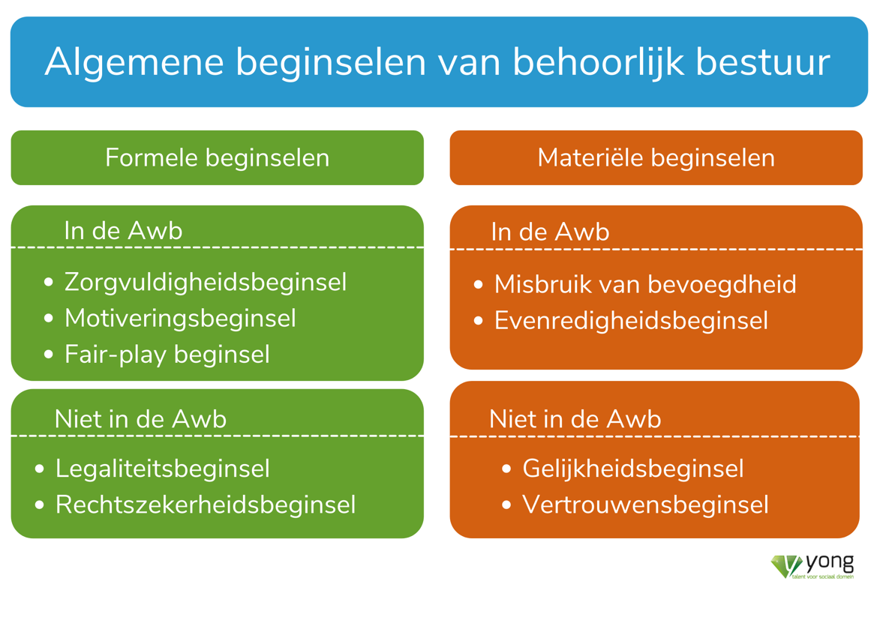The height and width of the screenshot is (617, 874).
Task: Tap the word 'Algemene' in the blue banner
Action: (x=134, y=62)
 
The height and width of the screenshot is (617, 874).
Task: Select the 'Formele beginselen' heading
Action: (x=218, y=158)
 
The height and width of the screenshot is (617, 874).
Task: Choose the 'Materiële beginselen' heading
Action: (x=656, y=158)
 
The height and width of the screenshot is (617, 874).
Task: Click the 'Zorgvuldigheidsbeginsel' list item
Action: (x=206, y=283)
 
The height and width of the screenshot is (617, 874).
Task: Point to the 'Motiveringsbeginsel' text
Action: (x=180, y=319)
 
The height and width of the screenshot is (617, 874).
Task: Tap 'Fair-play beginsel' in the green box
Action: (x=167, y=355)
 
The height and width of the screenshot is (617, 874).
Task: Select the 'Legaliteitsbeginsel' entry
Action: (x=162, y=469)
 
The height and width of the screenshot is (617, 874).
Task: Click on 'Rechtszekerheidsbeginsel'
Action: (x=205, y=505)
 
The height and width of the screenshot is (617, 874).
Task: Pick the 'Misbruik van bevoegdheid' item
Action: (x=645, y=285)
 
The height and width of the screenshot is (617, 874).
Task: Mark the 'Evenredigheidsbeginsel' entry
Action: (x=631, y=321)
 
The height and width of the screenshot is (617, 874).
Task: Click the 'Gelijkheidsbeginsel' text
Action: (x=632, y=469)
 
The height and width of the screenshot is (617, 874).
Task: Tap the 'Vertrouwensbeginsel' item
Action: (x=645, y=505)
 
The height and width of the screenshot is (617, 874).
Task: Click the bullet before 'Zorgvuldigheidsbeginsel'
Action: (x=49, y=283)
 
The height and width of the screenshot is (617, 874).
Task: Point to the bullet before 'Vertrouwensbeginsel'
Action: (x=506, y=505)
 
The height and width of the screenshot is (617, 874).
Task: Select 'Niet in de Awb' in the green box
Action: (x=140, y=419)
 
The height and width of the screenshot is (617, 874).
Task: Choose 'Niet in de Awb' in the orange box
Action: (x=575, y=419)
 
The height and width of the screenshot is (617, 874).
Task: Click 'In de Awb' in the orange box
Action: (x=550, y=232)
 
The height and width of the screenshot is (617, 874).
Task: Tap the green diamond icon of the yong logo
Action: (x=786, y=566)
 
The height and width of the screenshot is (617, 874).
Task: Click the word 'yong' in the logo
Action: (x=830, y=564)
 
